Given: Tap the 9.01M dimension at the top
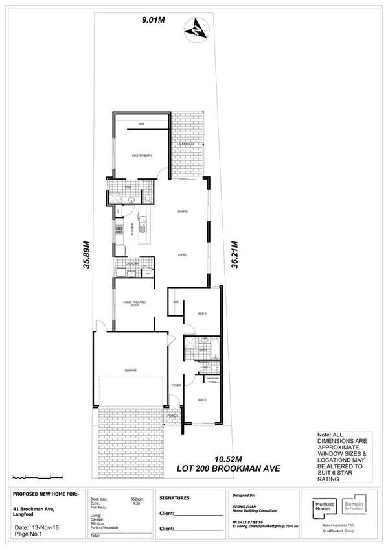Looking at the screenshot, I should click(x=154, y=21).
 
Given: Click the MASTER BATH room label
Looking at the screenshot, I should click(x=141, y=156).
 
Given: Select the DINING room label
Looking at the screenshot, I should click(x=183, y=212).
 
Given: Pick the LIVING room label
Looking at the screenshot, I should click(x=183, y=255).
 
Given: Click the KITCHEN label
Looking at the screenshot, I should click(x=132, y=229).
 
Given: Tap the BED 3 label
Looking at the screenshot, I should click(x=201, y=313).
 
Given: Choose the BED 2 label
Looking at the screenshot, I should click(x=201, y=400).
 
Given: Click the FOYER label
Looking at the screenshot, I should click(x=176, y=385).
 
